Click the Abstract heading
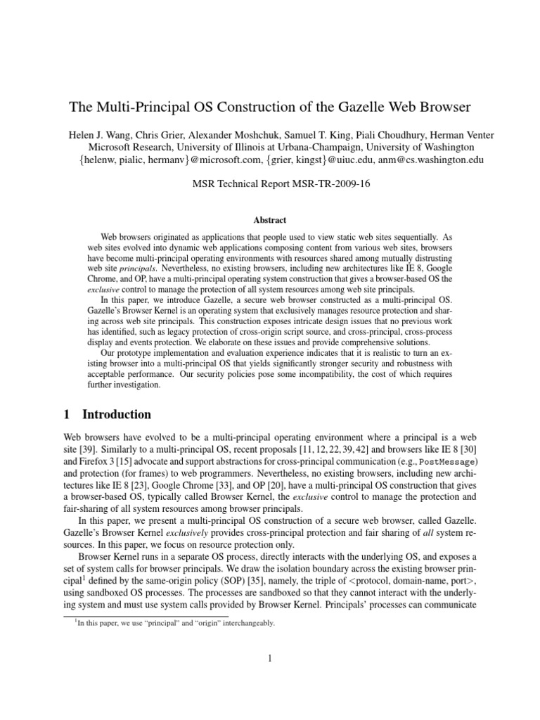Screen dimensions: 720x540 pos(271,219)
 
